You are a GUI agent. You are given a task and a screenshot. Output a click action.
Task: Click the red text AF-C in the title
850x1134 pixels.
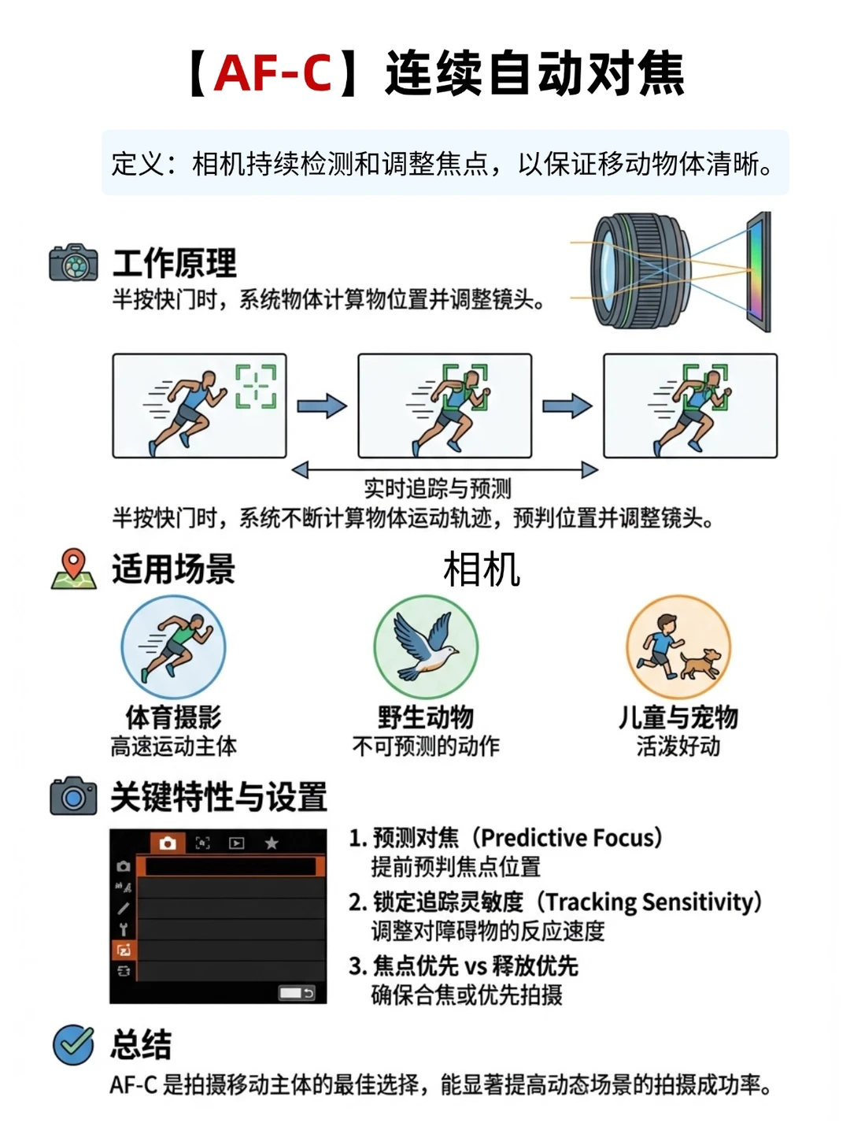[272, 73]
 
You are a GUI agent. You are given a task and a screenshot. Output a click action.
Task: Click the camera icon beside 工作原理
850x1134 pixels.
[73, 262]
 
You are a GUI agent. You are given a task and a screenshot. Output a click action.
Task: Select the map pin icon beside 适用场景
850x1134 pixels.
[74, 569]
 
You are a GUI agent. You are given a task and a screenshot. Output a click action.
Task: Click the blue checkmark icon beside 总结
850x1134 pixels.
[73, 1044]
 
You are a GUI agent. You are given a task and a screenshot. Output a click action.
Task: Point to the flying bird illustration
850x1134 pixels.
[425, 646]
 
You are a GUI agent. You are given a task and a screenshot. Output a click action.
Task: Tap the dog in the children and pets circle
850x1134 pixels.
[700, 665]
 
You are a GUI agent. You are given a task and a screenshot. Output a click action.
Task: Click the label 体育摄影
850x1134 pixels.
[173, 717]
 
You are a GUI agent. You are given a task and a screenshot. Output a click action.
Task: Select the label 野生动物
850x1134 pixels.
[425, 717]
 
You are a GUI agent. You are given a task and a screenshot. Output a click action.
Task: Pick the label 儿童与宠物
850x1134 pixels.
[678, 717]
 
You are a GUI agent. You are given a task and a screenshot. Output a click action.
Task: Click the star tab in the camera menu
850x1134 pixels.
[272, 843]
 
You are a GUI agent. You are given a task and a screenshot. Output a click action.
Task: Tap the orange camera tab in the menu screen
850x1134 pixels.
[168, 843]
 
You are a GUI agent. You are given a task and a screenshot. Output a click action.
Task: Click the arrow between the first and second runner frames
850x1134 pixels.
[322, 406]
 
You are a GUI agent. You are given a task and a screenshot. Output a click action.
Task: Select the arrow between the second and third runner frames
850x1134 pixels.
[567, 406]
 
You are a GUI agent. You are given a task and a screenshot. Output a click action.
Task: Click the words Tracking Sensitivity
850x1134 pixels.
[649, 902]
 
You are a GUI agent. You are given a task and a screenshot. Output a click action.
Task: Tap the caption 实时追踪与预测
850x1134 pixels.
[437, 488]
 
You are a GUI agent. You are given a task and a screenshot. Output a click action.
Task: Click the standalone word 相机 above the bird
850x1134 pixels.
[482, 569]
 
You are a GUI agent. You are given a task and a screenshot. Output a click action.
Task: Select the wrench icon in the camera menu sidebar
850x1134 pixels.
[124, 929]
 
